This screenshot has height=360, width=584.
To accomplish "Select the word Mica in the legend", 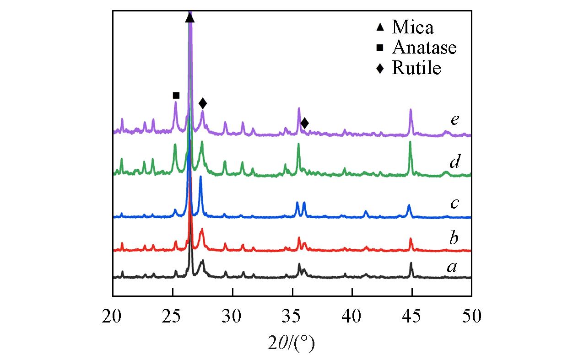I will [412, 27].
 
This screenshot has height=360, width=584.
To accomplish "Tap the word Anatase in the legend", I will [424, 48].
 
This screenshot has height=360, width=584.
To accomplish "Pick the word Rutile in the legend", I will [416, 68].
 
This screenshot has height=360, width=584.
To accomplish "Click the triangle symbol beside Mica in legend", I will [380, 27].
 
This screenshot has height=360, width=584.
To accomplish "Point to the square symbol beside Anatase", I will [380, 48].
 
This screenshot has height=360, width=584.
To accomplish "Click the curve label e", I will [454, 120].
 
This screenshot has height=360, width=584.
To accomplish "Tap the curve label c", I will [454, 203].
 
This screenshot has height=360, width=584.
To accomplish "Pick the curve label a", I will [452, 267].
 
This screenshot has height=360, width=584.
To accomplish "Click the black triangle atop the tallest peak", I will [190, 18].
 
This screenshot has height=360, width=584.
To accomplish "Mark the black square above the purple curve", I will [176, 95].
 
